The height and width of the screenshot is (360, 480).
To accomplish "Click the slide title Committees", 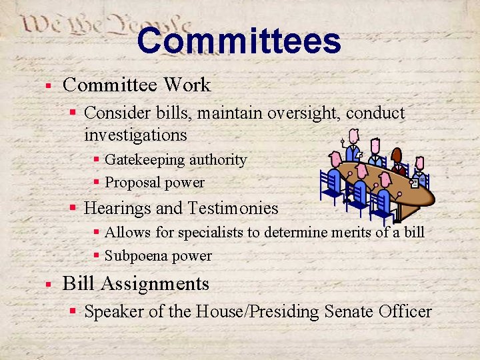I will click(239, 41).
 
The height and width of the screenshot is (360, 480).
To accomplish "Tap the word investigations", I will click(135, 135).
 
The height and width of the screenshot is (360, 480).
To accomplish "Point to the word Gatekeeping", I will click(145, 160).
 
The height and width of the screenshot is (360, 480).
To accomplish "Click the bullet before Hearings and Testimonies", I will click(74, 209).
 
